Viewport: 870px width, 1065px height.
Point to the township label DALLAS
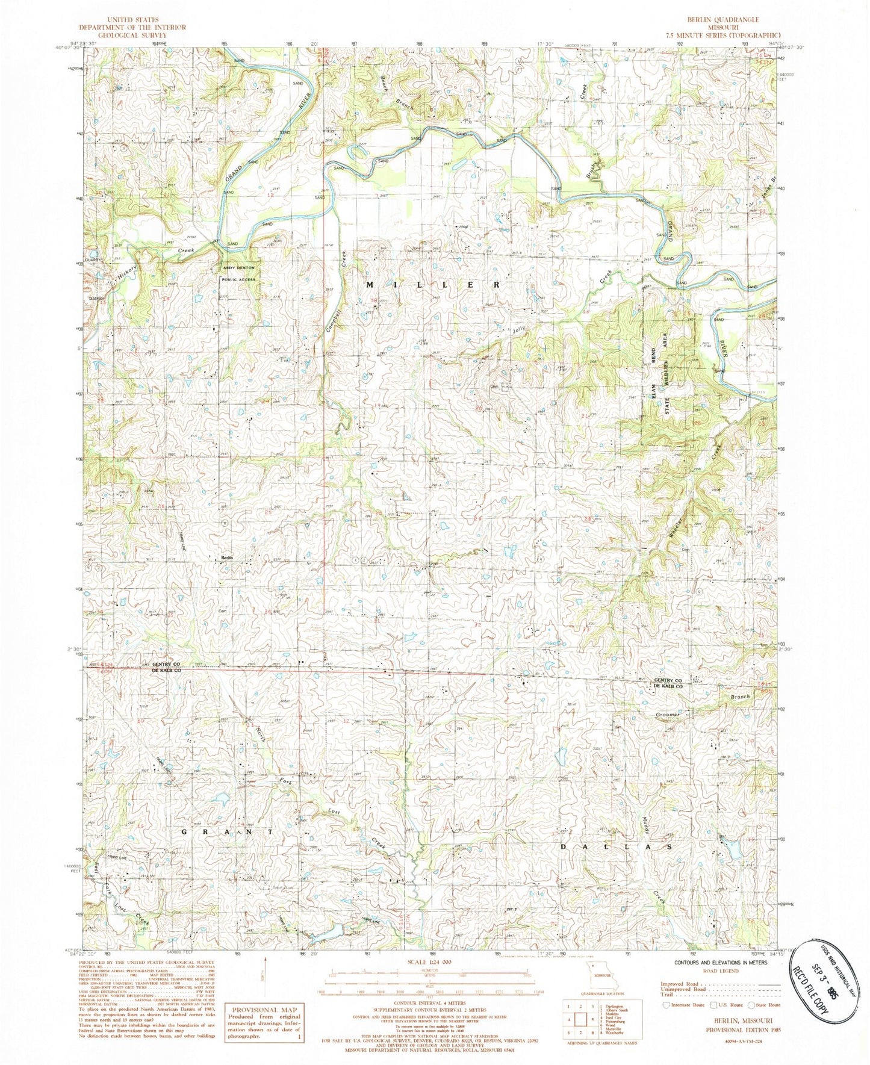(616, 846)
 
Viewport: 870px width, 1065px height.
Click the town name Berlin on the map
(226, 558)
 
